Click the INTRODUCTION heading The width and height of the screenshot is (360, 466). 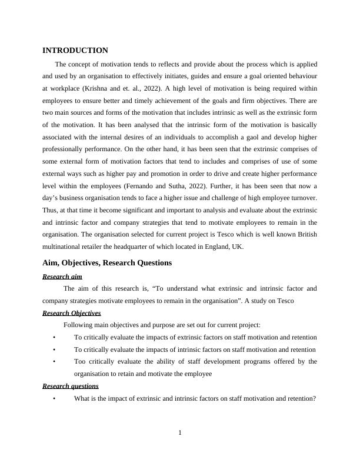click(75, 51)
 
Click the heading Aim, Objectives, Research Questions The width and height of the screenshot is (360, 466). click(107, 262)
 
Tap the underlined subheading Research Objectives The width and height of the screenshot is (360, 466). click(72, 313)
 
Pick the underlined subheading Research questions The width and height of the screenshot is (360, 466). click(71, 386)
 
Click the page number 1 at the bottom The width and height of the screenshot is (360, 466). click(180, 434)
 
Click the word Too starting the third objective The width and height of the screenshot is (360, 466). click(80, 361)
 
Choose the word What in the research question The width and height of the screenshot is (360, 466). click(82, 398)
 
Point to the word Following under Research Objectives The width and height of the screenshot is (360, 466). click(78, 325)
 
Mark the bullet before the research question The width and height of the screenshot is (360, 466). click(54, 398)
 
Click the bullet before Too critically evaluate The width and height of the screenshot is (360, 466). click(54, 361)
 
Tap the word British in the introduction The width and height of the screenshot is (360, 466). click(304, 235)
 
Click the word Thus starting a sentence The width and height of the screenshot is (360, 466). click(51, 210)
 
